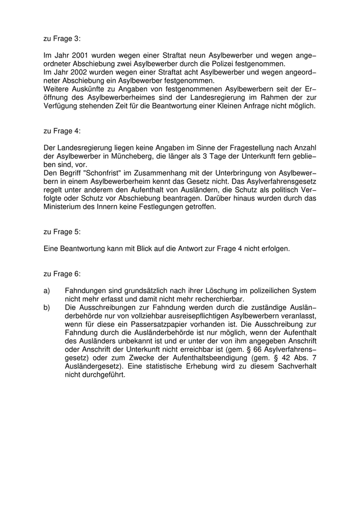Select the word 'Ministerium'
pos(64,207)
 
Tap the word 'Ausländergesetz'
pos(93,366)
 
